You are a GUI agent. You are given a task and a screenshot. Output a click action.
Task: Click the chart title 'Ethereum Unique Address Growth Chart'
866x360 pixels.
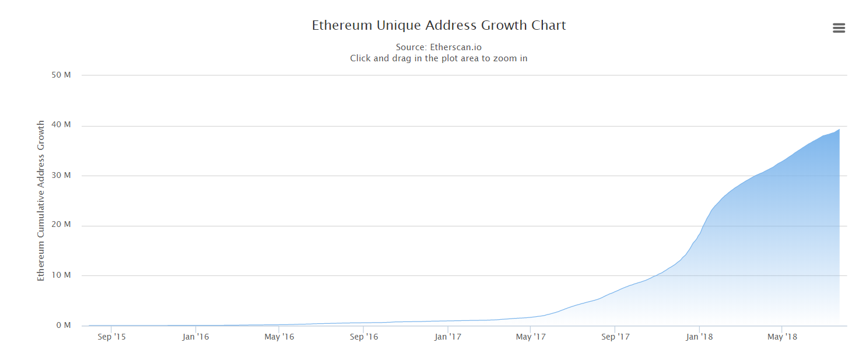tap(439, 26)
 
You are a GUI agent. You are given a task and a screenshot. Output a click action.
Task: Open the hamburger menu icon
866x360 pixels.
tap(839, 28)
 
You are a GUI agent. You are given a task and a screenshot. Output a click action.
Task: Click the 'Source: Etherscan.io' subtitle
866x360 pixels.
tap(439, 47)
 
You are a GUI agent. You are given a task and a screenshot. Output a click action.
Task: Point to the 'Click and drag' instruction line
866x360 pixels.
tap(439, 58)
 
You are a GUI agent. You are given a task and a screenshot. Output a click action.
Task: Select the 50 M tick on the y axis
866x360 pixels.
tap(61, 75)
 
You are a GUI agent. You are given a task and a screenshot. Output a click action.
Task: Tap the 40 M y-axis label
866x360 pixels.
tap(61, 125)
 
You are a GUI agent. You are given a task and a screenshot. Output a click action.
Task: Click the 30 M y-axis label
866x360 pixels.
tap(61, 175)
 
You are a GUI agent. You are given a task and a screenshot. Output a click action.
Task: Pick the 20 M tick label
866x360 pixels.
tap(61, 225)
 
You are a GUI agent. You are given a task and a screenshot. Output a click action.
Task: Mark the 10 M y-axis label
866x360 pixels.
tap(61, 275)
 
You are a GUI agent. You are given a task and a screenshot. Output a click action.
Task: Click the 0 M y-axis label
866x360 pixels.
tap(63, 325)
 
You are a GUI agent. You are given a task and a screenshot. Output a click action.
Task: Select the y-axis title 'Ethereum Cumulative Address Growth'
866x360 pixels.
tap(41, 201)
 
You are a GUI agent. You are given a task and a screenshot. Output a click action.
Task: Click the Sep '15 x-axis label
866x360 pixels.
tap(111, 337)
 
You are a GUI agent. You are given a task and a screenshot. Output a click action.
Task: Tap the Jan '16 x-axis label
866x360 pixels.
tap(195, 337)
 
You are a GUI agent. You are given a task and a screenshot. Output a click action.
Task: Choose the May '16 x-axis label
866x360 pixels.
tap(279, 337)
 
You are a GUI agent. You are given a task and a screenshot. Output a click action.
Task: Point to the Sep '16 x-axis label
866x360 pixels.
tap(364, 337)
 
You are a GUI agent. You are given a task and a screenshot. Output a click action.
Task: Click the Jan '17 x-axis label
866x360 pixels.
tap(448, 337)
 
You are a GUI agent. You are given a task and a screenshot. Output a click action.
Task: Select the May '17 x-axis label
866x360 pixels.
tap(531, 337)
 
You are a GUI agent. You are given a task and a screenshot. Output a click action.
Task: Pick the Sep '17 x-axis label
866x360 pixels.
tap(616, 337)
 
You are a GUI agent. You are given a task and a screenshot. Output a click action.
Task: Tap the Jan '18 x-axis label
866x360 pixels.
tap(699, 337)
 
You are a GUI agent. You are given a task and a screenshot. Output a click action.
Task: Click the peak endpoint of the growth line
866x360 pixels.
tap(839, 130)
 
